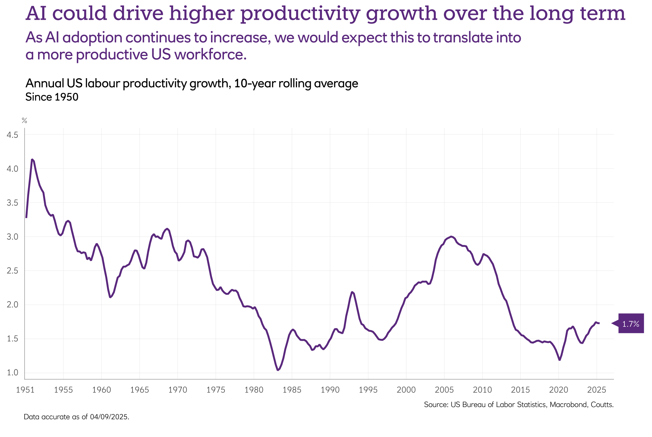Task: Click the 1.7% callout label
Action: coord(631,323)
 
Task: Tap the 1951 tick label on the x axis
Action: coord(25,390)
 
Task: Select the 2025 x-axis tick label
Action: coord(597,390)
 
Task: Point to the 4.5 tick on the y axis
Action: coord(12,135)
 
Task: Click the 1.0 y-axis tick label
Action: coord(12,373)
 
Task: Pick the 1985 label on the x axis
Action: coord(292,390)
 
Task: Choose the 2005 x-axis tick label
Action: coord(444,390)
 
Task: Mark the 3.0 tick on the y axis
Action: coord(12,237)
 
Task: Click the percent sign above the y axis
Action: coord(24,121)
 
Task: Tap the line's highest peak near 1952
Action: coord(32,159)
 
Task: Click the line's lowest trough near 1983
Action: coord(278,370)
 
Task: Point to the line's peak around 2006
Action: coord(451,237)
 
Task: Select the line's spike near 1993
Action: coord(352,292)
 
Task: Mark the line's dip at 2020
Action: coord(559,360)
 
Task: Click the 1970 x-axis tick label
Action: coord(177,390)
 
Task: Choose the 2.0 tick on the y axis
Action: coord(12,305)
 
